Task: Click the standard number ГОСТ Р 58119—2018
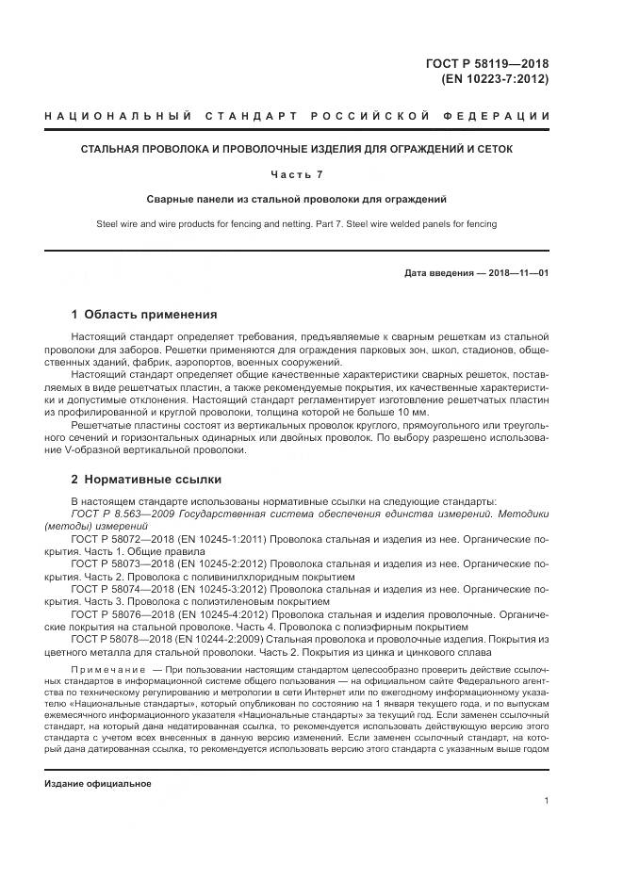(487, 64)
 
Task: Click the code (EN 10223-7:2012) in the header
(494, 79)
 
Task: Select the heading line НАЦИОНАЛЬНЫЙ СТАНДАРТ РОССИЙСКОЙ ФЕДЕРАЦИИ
(297, 116)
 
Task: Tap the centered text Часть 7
(297, 174)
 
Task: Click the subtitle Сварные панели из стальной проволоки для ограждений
(297, 200)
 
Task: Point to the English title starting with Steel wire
(297, 224)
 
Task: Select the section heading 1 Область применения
(144, 315)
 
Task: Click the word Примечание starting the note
(104, 668)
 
